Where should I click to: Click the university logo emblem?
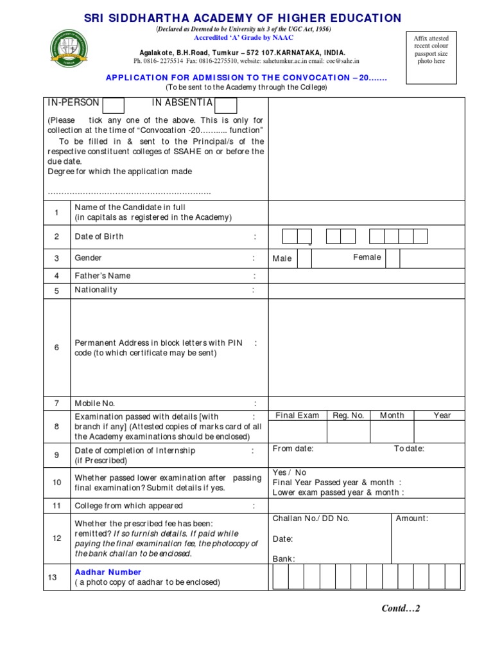pos(70,49)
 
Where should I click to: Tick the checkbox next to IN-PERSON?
pos(114,105)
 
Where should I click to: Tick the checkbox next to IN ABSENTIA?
pos(226,105)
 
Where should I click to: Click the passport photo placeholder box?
pos(431,50)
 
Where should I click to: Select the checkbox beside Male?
pos(304,258)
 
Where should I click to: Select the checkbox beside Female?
pos(392,258)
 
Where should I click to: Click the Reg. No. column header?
pos(349,416)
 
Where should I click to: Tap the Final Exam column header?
pos(297,416)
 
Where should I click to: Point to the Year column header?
pos(442,416)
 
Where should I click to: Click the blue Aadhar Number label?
pos(108,572)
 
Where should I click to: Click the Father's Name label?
pos(103,276)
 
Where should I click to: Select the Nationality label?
pos(96,290)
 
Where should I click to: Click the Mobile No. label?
pos(95,404)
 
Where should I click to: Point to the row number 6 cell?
pos(56,348)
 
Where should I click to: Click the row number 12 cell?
pos(56,538)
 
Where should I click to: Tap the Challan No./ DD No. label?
pos(311,519)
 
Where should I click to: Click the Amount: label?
pos(412,519)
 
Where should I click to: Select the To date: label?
pos(409,449)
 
